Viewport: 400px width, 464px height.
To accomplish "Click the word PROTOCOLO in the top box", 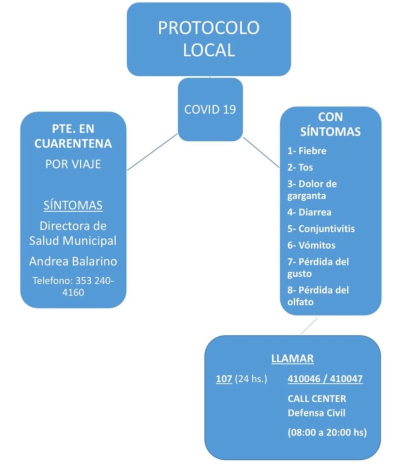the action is point(208,28).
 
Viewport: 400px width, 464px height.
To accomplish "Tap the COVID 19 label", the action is point(210,109).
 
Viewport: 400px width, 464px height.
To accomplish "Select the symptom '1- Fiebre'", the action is point(307,151).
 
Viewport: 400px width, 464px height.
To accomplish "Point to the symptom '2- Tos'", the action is point(300,167).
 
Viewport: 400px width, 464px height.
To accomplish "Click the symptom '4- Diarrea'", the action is point(309,212).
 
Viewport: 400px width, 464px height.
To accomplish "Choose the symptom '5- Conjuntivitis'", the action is point(321,228).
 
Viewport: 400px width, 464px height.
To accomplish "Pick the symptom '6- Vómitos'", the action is point(311,245).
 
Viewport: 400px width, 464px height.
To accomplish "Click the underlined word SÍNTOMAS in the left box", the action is point(73,205).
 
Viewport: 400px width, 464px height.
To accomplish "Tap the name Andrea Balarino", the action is point(73,261).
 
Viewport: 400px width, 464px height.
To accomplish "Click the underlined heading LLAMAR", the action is point(292,358).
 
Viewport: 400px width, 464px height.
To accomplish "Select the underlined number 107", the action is point(224,379).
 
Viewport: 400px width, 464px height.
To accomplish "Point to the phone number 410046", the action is point(304,379).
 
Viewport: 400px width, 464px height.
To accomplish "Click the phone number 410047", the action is point(346,379).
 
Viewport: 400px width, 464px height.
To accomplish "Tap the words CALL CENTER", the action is point(317,398).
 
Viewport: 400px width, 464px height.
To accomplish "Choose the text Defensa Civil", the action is point(316,413).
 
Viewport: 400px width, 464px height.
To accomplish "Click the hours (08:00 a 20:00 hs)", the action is point(327,432).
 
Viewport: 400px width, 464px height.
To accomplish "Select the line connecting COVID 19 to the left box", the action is point(152,152).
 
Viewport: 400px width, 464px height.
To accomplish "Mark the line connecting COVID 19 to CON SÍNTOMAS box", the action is point(261,152).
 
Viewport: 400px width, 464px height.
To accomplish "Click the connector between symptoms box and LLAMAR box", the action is point(309,326).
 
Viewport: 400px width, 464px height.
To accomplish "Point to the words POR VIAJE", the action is point(73,164).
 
